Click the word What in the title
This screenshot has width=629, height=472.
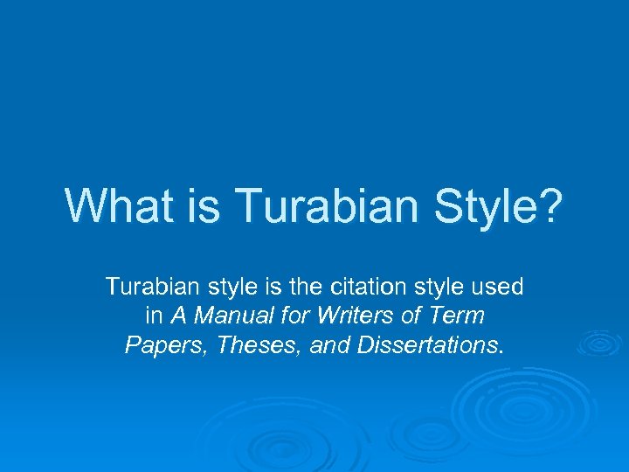coord(113,205)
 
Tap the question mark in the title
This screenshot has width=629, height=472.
coord(551,205)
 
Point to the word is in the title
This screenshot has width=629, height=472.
coord(191,205)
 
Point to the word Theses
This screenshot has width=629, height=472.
coord(245,345)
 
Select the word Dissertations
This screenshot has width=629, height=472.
coord(427,345)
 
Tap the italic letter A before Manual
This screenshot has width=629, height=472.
coord(176,316)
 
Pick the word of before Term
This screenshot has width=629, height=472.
coord(414,316)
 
